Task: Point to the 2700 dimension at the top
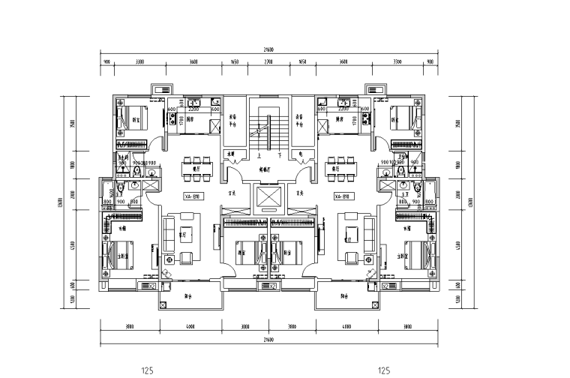268,61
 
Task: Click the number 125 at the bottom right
385,370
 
